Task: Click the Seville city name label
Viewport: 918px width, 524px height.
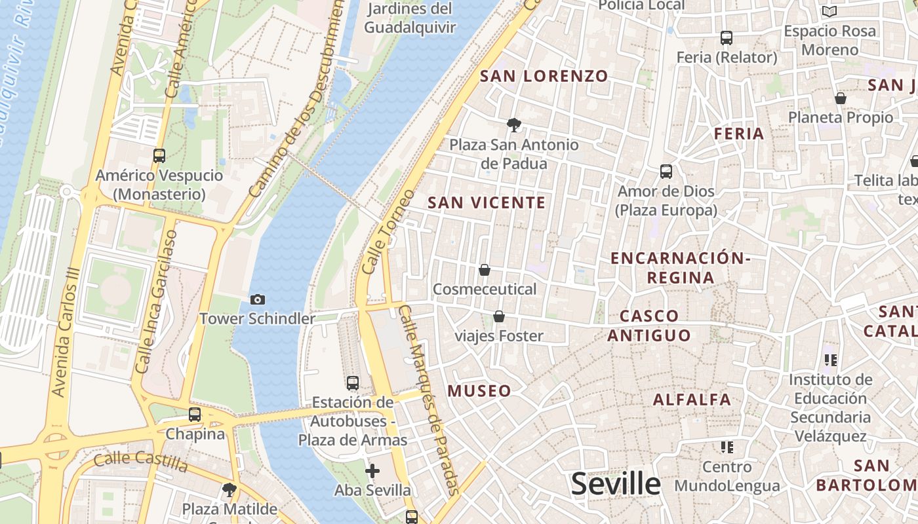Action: pos(616,484)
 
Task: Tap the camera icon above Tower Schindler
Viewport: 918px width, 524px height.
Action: pos(258,299)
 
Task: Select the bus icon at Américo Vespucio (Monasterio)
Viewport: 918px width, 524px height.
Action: pos(159,156)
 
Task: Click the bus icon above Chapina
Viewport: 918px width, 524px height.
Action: pos(195,414)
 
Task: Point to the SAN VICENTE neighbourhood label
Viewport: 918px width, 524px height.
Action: pos(487,202)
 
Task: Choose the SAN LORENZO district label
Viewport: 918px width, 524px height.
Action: pos(544,76)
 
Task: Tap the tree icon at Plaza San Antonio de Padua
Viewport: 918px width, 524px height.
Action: pos(514,124)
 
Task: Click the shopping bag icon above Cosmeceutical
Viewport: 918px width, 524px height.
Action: pos(485,270)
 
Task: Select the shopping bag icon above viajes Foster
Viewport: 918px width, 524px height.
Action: pos(499,316)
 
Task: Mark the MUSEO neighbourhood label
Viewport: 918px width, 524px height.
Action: pos(479,391)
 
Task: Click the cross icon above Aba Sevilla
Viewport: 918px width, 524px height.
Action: pos(372,470)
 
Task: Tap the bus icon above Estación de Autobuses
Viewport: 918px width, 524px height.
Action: pos(353,383)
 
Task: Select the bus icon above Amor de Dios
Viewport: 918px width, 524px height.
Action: pos(666,172)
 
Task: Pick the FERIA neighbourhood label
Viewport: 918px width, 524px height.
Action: pos(739,134)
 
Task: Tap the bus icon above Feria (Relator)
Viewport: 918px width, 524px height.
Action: pos(727,38)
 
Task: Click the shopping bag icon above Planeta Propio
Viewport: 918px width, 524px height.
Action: pos(841,98)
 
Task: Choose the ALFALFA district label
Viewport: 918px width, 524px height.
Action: pos(692,399)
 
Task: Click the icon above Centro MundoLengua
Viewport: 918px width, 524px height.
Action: pos(727,447)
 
